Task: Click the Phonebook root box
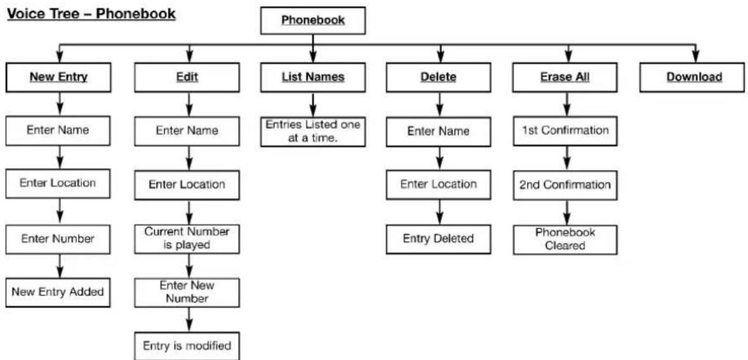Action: coord(313,20)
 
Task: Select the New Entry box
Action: coord(58,77)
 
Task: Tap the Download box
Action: coord(694,77)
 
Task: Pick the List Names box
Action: coord(313,77)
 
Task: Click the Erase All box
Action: coord(566,77)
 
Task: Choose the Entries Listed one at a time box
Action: coord(313,131)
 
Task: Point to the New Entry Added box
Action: coord(58,292)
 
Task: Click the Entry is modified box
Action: coord(187,345)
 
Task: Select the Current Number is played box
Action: coord(187,239)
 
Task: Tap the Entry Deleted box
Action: coord(438,239)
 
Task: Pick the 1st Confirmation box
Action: coord(566,131)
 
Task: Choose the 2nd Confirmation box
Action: coord(566,185)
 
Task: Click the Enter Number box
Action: coord(58,238)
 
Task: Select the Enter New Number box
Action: coord(187,292)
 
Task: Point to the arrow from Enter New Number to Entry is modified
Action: coord(190,319)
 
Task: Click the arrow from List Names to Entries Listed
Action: coord(313,104)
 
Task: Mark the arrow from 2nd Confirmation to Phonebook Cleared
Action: coord(568,212)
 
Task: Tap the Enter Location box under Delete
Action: coord(438,185)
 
